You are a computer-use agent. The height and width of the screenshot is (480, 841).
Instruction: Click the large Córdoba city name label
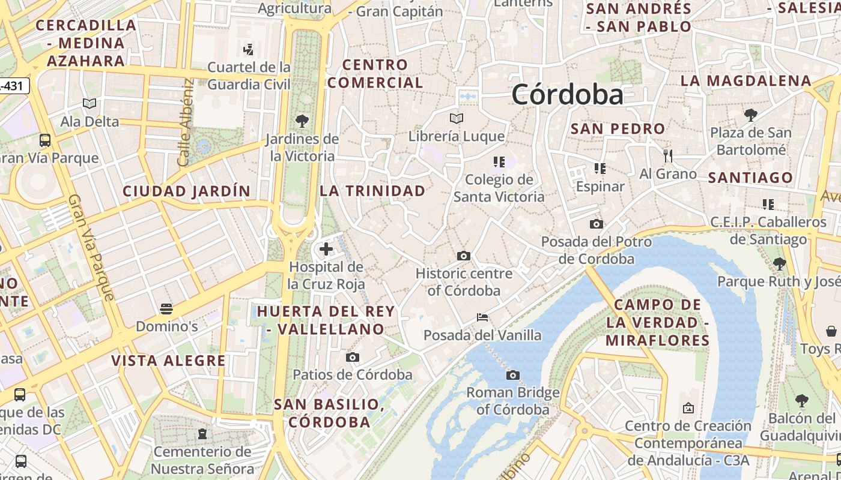[x=567, y=95]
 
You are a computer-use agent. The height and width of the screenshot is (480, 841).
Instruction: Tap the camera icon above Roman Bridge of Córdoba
[x=512, y=375]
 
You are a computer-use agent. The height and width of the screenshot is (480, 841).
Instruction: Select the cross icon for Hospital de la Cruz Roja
[x=326, y=248]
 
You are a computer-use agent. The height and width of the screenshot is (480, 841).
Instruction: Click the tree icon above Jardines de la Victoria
[x=302, y=121]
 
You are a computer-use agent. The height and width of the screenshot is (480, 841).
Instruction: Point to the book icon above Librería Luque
[x=457, y=118]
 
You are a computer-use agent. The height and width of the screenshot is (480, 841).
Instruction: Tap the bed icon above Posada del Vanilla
[x=482, y=317]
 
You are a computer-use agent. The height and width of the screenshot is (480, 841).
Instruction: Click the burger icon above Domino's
[x=166, y=309]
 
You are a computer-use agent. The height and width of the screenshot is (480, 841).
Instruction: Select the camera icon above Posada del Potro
[x=596, y=224]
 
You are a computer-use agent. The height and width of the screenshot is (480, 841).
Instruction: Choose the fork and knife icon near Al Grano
[x=668, y=156]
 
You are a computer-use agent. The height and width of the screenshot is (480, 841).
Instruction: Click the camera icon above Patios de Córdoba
[x=353, y=358]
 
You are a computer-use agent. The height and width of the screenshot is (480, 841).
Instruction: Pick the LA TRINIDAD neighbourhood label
[x=372, y=191]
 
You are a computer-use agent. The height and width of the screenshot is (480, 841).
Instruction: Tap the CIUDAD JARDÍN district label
[x=186, y=191]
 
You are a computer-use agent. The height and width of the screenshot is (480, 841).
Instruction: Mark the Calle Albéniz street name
[x=184, y=123]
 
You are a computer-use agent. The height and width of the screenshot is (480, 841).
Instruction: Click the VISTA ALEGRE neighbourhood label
[x=168, y=361]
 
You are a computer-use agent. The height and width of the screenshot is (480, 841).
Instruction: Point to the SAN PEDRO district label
[x=618, y=128]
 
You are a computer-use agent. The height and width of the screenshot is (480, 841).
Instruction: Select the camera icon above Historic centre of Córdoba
[x=463, y=256]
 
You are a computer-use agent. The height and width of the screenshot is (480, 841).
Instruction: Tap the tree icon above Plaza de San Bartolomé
[x=750, y=115]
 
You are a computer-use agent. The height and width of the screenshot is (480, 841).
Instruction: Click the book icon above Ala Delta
[x=90, y=103]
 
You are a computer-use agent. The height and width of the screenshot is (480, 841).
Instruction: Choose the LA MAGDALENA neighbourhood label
[x=745, y=80]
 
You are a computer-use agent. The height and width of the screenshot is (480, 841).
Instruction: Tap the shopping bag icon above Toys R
[x=831, y=331]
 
